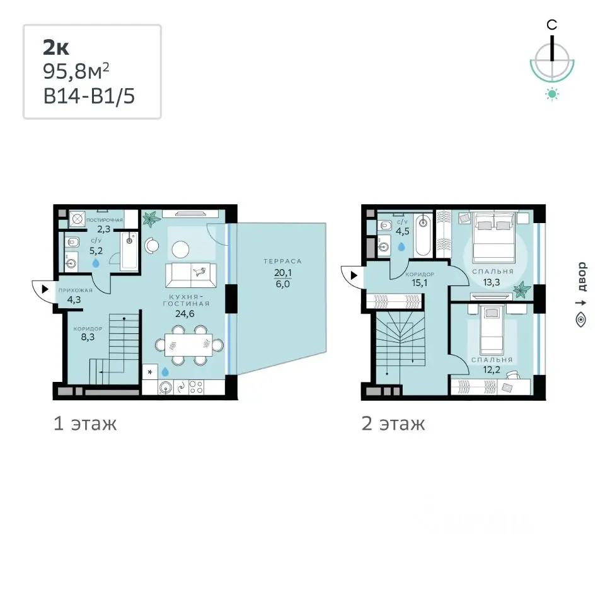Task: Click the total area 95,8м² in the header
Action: coord(76,71)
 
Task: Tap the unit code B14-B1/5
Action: coord(89,96)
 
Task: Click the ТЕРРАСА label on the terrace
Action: coord(282,261)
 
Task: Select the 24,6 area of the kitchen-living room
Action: coord(185,314)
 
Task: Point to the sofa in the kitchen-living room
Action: coord(190,275)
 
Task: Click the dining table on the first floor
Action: coord(188,345)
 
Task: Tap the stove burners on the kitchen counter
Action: coord(196,387)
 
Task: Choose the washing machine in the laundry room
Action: coord(77,219)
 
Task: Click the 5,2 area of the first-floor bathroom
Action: coord(96,251)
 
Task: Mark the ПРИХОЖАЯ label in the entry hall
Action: coord(75,290)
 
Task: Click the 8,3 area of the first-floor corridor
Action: coord(88,337)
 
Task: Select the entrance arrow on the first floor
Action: coord(45,289)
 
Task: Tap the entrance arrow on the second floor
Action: coord(354,275)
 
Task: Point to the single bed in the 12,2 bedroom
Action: coord(492,330)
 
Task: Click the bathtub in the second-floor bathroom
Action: coord(423,235)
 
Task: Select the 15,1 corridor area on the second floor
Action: coord(420,282)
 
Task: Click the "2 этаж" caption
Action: coord(393,423)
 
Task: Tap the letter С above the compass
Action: coord(552,25)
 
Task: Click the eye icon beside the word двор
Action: coord(580,320)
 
